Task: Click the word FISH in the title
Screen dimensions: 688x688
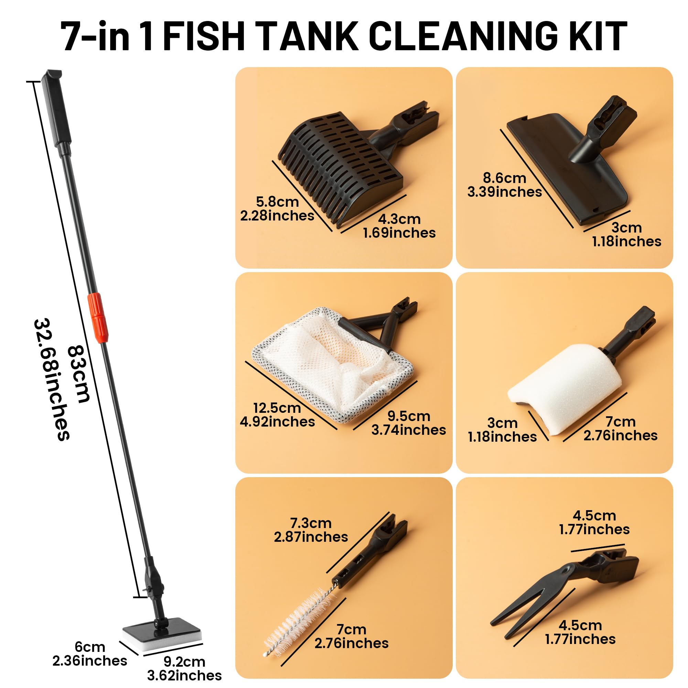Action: pos(204,37)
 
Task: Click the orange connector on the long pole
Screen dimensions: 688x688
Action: pos(97,318)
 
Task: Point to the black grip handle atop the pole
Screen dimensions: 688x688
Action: pos(56,109)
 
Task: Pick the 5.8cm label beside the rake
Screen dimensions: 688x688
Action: pos(277,202)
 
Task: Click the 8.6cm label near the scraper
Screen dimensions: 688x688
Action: pos(505,178)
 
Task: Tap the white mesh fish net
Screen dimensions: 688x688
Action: pos(333,365)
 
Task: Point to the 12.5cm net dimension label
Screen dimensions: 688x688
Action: pos(277,408)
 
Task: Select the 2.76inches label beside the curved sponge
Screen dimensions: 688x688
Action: pos(620,436)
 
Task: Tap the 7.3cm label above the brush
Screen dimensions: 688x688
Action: pos(311,523)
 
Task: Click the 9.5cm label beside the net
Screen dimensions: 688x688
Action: pos(409,416)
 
